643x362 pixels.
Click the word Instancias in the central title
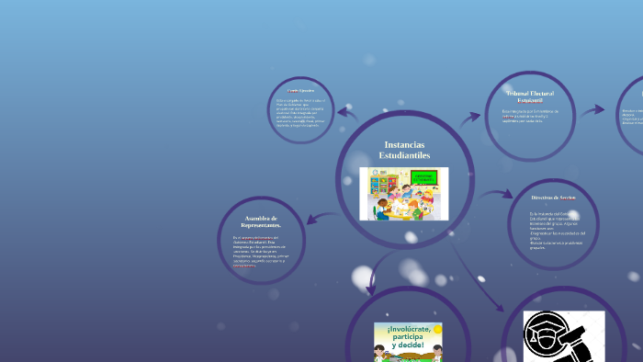[x=404, y=144]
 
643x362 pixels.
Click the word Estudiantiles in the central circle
[x=404, y=155]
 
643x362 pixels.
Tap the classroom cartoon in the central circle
[x=403, y=193]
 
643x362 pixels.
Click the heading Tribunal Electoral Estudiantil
[x=530, y=96]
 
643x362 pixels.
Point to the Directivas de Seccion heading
[x=553, y=198]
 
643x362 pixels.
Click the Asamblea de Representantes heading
[x=261, y=221]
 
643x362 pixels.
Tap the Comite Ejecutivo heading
[x=300, y=91]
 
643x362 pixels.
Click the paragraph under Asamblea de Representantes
[x=259, y=251]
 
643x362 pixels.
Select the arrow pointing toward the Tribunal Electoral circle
[x=470, y=118]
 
